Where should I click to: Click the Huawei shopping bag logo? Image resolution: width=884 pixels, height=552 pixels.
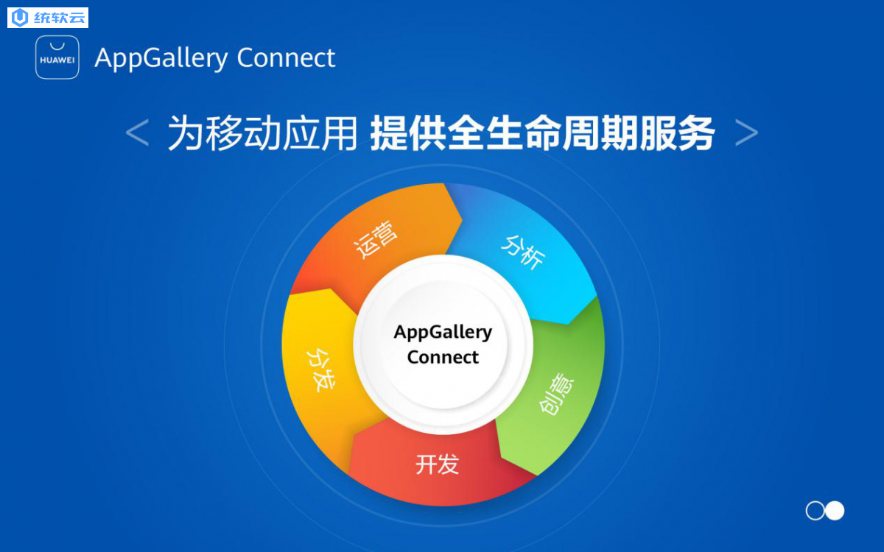57,57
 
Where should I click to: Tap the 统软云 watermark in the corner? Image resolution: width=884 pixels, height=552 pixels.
48,18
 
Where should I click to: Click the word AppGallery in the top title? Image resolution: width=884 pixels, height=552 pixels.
161,58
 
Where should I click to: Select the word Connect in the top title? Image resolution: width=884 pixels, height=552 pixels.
286,58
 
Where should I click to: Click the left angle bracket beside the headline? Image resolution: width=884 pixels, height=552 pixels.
137,132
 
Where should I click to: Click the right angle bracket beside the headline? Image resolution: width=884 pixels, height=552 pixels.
747,133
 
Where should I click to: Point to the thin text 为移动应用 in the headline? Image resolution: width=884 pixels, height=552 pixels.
262,133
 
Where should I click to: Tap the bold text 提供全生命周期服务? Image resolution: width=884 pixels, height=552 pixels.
543,133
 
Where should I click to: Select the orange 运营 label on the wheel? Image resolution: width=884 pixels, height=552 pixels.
375,239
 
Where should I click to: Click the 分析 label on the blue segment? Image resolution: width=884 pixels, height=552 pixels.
523,252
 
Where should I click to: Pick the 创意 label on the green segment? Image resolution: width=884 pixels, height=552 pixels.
557,394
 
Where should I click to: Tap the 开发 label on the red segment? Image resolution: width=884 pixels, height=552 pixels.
438,464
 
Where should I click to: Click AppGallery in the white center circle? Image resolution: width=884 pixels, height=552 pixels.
443,333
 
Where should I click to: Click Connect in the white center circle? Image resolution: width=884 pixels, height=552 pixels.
443,357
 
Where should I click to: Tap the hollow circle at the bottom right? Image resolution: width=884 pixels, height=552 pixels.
815,511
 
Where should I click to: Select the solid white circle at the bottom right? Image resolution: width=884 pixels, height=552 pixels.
835,511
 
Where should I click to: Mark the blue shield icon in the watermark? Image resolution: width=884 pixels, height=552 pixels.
20,18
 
